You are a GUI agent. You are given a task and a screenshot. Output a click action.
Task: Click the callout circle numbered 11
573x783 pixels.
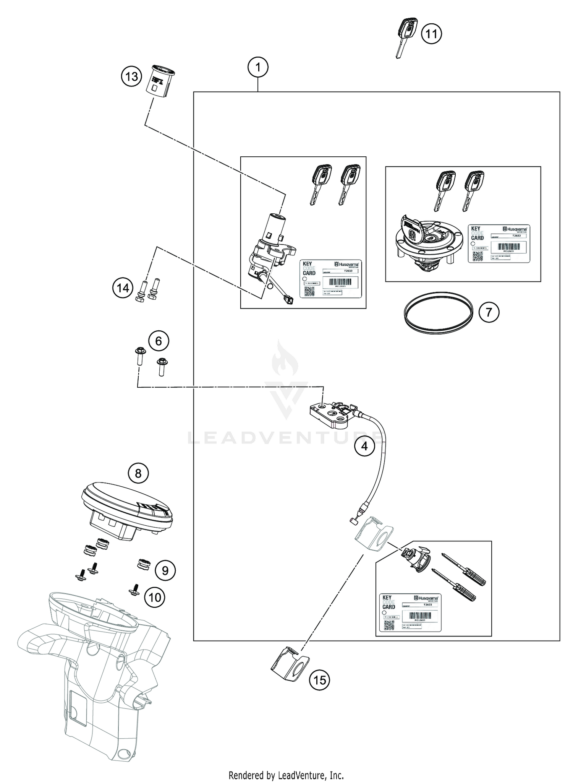(431, 34)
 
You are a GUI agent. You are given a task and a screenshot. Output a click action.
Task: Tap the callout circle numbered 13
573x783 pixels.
(131, 76)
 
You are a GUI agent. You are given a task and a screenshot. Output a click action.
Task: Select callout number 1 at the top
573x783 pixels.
(258, 68)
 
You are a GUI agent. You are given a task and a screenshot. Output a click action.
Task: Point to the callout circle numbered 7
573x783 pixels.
(489, 312)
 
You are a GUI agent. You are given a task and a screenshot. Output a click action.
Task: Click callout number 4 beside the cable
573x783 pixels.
(364, 446)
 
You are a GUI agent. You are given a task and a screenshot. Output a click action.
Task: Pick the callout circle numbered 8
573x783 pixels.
(138, 474)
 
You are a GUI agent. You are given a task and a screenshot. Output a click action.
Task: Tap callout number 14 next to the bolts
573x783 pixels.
(123, 288)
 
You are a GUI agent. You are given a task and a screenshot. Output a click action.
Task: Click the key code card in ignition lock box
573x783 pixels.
(330, 278)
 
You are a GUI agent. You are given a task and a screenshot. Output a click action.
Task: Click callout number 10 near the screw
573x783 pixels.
(154, 597)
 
